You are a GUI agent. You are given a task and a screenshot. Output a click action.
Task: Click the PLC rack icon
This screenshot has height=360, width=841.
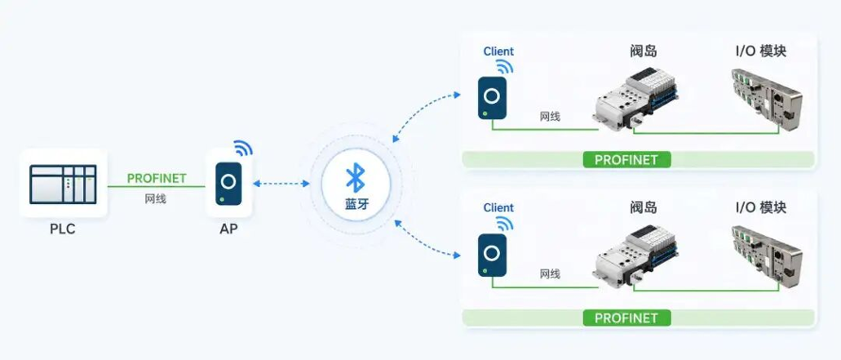point(63,184)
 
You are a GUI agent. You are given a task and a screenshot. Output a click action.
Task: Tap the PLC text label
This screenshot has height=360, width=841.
point(62,230)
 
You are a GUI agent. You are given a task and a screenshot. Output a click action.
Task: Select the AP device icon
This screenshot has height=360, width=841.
point(229,183)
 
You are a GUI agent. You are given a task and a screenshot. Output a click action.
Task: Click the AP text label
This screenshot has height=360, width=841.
point(229,230)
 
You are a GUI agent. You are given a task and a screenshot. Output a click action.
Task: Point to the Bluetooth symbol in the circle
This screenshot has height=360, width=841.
point(355,178)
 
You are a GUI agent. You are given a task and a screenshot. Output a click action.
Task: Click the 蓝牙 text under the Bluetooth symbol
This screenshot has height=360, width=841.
point(356,204)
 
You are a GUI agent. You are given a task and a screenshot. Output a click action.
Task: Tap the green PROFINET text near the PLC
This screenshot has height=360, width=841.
point(157,179)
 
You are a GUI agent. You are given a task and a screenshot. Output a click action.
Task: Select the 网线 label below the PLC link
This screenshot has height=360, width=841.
point(156,199)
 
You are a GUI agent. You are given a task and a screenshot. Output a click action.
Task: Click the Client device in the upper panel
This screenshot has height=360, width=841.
point(492,97)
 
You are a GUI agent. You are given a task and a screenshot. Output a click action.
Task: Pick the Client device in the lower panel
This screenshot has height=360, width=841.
point(492,255)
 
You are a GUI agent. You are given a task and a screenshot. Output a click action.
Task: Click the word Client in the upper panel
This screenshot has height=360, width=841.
point(498,52)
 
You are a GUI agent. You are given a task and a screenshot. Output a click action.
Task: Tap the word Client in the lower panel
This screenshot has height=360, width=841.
point(498,208)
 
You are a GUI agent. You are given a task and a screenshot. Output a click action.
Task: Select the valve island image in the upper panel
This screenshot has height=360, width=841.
point(635,99)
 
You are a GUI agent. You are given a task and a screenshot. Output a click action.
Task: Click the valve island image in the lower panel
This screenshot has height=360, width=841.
point(635,256)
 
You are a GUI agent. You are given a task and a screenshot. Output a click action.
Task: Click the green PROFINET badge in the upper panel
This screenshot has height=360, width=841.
point(626,160)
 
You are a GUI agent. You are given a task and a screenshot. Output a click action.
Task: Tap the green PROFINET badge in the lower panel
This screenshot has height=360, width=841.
point(626,317)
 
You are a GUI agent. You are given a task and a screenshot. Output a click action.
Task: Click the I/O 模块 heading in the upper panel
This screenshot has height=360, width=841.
point(761,52)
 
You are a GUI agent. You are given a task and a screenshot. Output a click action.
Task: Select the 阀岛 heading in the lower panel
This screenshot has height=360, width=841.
point(644,208)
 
